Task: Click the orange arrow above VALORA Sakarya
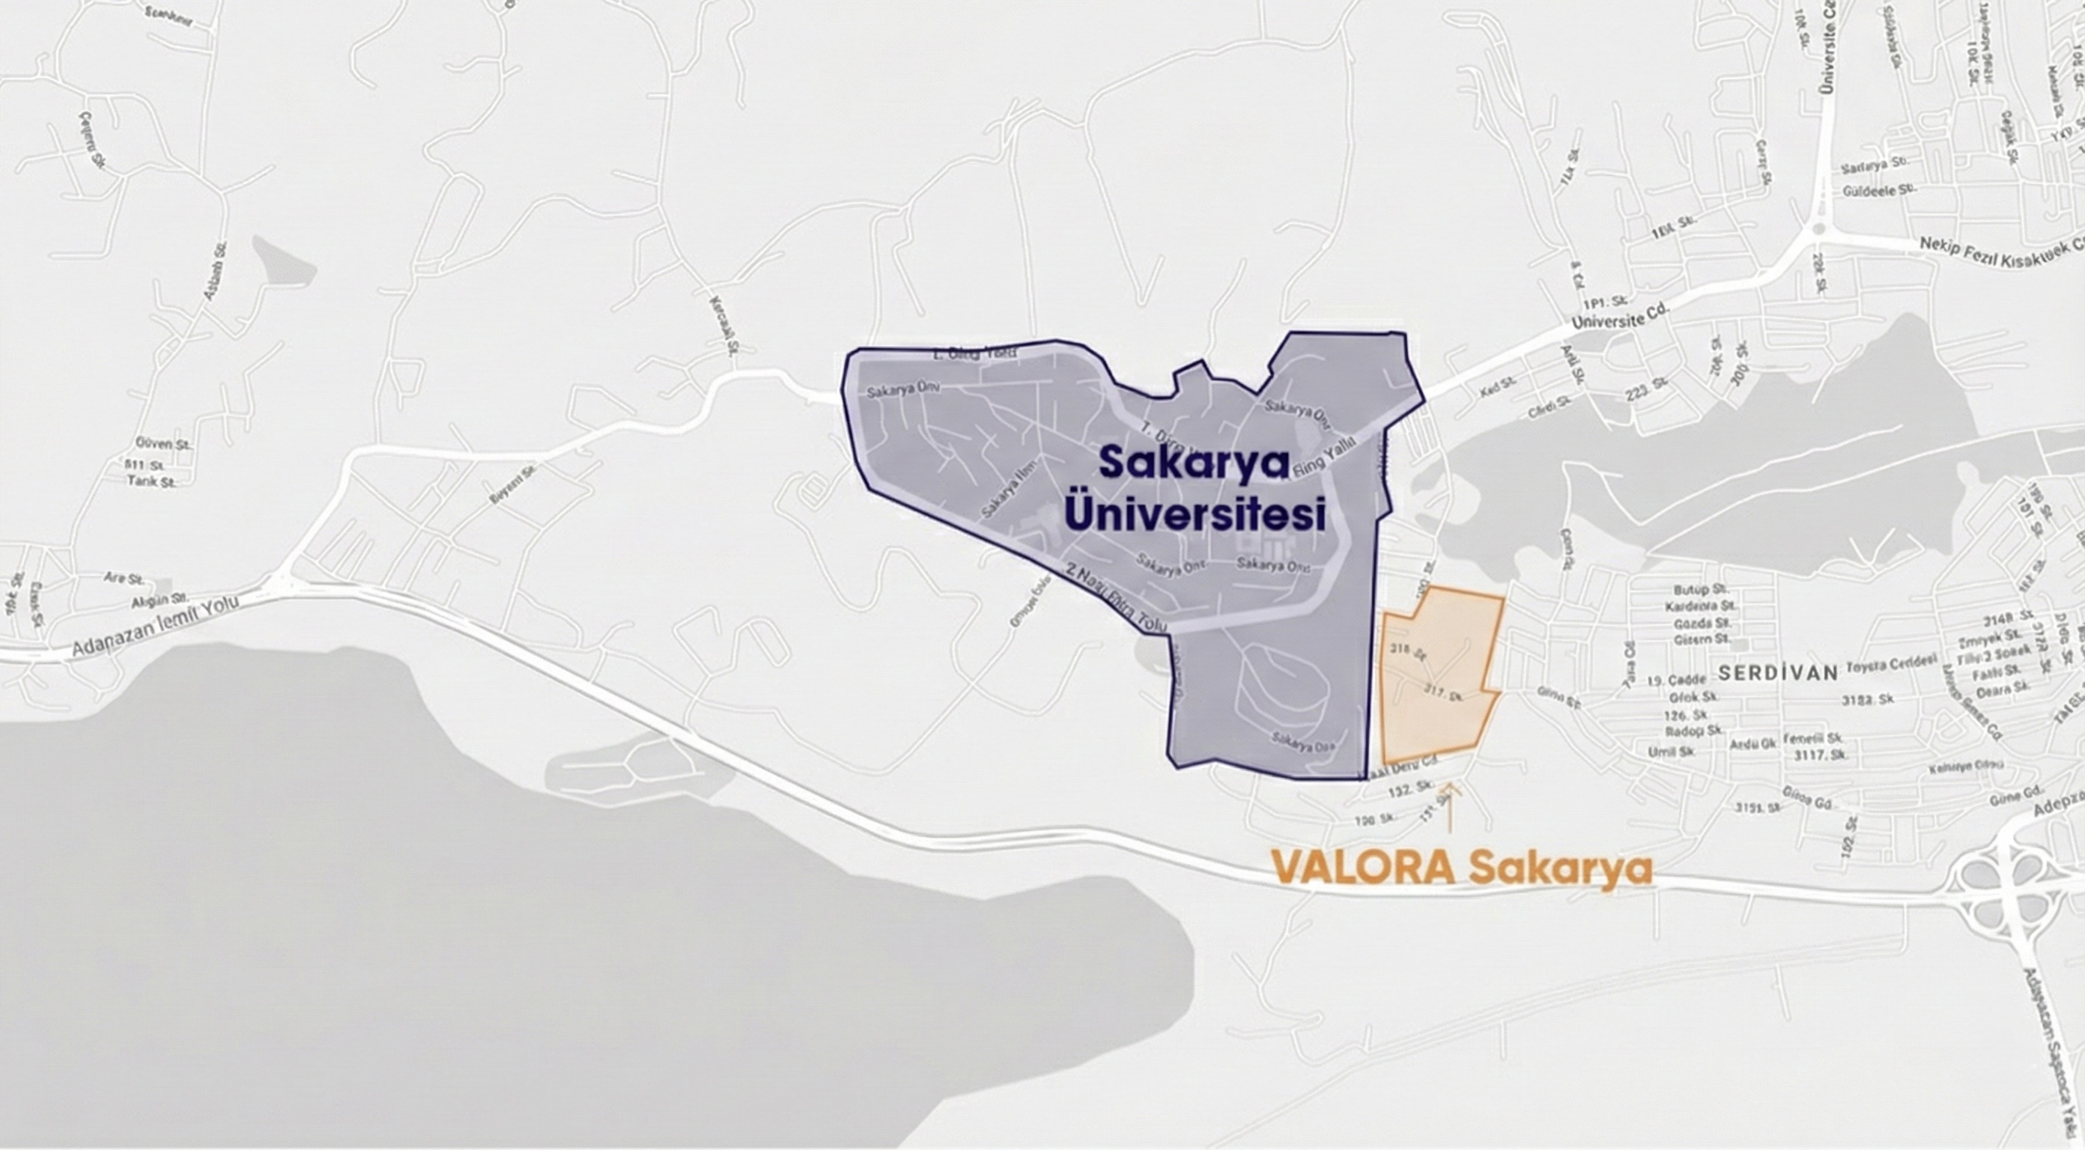pyautogui.click(x=1449, y=806)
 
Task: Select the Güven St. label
pyautogui.click(x=163, y=444)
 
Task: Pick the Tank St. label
pyautogui.click(x=151, y=481)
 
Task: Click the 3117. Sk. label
pyautogui.click(x=1821, y=755)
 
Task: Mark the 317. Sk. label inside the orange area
pyautogui.click(x=1443, y=694)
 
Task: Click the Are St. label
pyautogui.click(x=124, y=579)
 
